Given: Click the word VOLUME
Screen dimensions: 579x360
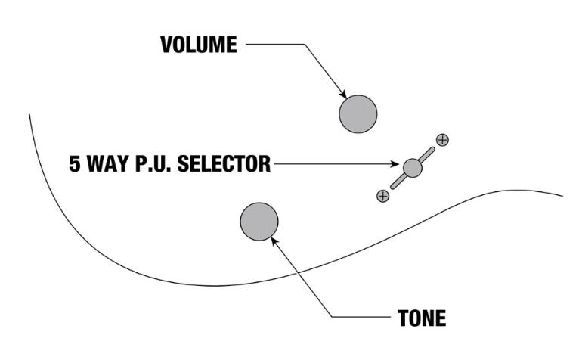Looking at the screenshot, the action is coord(199,45).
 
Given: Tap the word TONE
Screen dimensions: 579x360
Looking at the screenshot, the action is coord(422,318).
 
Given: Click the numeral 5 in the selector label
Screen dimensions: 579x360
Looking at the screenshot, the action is coord(75,164).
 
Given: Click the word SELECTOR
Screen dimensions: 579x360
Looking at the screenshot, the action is coord(224,164).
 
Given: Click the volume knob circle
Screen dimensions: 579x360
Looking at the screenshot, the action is coord(358,114).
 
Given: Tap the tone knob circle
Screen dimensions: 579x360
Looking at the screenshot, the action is coord(259,222).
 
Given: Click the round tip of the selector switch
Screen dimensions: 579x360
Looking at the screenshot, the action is coord(413,168).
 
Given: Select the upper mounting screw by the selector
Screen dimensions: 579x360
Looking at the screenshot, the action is coord(442,140).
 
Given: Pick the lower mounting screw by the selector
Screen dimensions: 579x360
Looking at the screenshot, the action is coord(383,196).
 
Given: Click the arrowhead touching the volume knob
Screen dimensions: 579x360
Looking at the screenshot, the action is coord(343,95).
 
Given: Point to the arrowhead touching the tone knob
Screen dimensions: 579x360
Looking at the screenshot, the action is coord(274,241).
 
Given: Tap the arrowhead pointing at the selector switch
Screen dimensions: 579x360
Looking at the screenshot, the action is coord(395,164).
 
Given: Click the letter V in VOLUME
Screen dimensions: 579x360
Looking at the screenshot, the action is coord(167,45).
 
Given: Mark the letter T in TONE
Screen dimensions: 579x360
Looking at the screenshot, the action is coord(403,318).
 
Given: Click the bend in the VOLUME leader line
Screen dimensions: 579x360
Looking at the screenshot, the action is coord(305,45).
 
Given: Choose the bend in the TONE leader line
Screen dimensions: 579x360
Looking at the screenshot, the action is coord(332,317).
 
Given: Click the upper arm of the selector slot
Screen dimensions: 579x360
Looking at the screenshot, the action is coord(427,154).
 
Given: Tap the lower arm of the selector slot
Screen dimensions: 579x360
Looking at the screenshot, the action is coord(398,182).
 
